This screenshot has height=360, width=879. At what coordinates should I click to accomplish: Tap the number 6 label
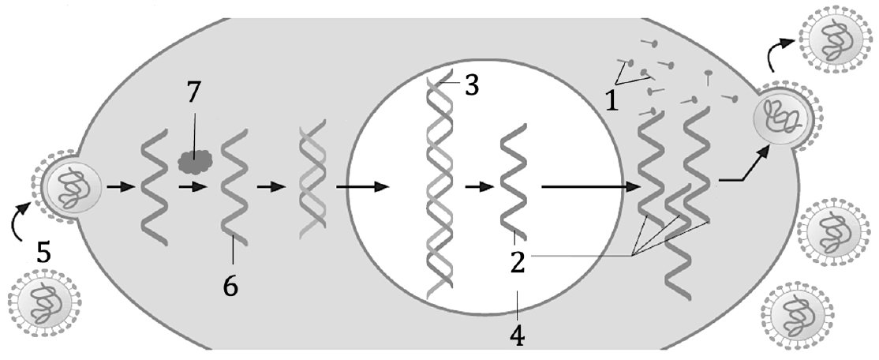(230, 287)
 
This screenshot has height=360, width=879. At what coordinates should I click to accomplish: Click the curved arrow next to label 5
(20, 221)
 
